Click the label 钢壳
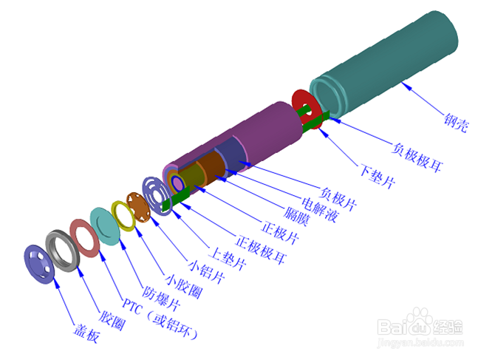coord(456,123)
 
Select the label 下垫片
coord(377,177)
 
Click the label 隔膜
coord(296,217)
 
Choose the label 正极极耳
coord(261,250)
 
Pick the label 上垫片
coord(228,259)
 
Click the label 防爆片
coord(161,298)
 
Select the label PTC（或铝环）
coord(160,319)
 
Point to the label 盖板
coord(87,333)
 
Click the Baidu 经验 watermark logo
coord(420,327)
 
